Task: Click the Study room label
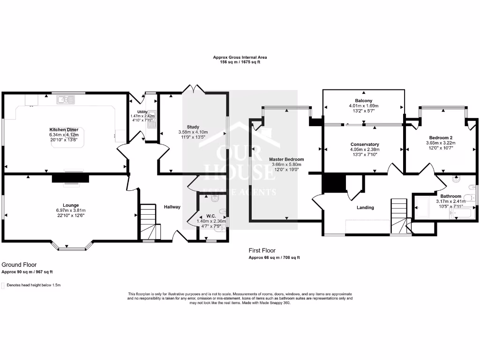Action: pyautogui.click(x=193, y=127)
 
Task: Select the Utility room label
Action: pyautogui.click(x=142, y=112)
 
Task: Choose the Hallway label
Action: pyautogui.click(x=172, y=207)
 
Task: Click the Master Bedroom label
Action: pyautogui.click(x=286, y=159)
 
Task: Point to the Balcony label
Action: pyautogui.click(x=363, y=101)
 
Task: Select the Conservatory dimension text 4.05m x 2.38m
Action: pyautogui.click(x=364, y=150)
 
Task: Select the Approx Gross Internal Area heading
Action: pyautogui.click(x=240, y=57)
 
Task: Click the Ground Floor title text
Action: pyautogui.click(x=19, y=265)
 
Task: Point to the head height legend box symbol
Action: pyautogui.click(x=3, y=285)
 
